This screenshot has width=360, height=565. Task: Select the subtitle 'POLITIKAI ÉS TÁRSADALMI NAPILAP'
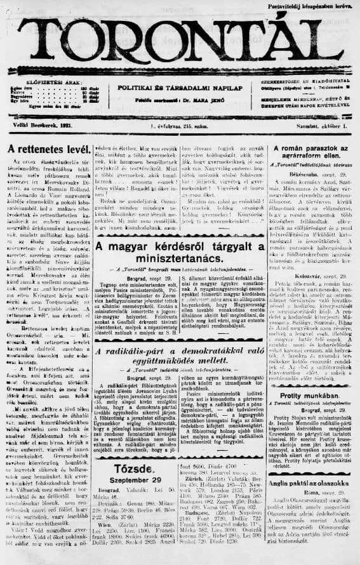click(x=180, y=90)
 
